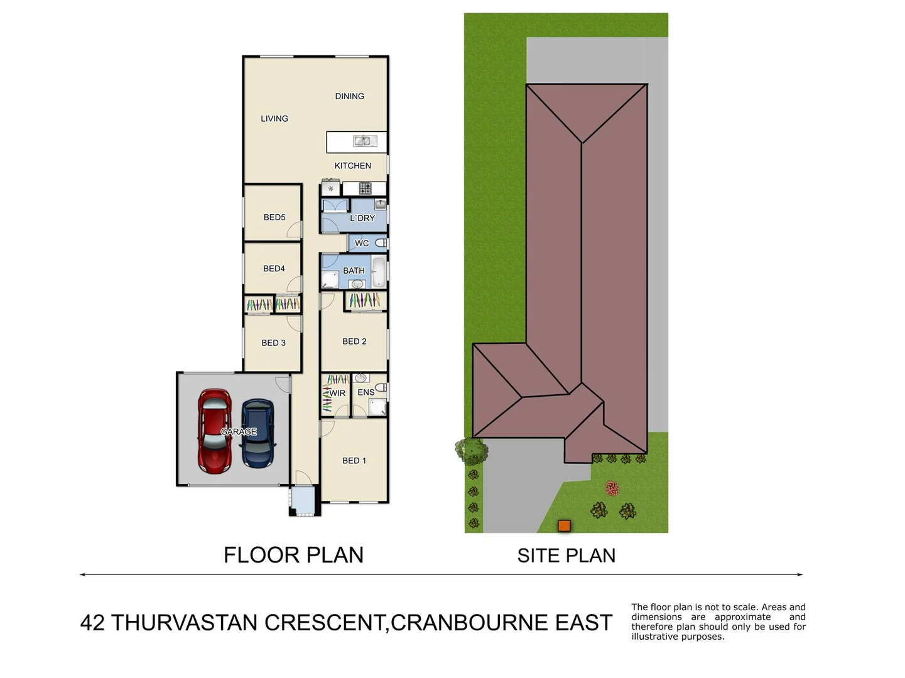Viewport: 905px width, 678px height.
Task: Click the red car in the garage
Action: click(214, 431)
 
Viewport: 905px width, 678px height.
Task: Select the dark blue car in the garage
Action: click(258, 433)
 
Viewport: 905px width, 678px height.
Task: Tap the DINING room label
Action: click(349, 96)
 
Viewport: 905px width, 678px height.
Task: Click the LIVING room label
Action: click(274, 119)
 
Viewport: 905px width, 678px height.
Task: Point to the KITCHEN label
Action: click(352, 166)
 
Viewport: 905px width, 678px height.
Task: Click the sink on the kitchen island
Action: click(362, 141)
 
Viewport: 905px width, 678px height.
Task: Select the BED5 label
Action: click(274, 217)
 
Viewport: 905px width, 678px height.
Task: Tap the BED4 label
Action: click(274, 269)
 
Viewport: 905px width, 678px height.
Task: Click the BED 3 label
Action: click(273, 343)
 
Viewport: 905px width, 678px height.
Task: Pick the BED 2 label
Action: click(354, 342)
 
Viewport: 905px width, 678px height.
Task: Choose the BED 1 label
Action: click(354, 461)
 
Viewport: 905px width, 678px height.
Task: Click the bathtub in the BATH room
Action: click(378, 271)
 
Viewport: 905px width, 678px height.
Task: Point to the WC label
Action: click(362, 244)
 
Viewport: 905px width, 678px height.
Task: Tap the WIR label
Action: click(337, 394)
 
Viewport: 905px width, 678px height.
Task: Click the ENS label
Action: click(366, 392)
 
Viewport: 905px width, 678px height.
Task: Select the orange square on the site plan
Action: click(564, 526)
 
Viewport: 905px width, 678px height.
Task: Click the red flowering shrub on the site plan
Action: click(612, 488)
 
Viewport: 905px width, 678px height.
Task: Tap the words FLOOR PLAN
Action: click(293, 555)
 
